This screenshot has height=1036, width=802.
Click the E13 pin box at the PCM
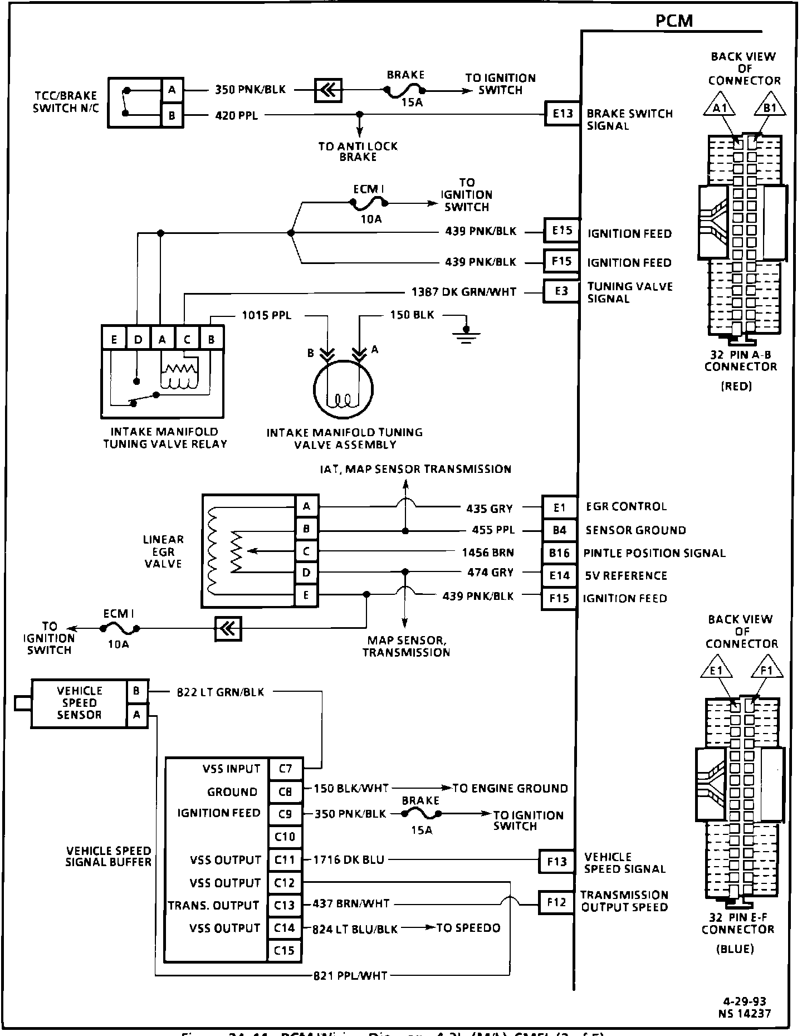point(563,114)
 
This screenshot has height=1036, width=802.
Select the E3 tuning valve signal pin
point(561,291)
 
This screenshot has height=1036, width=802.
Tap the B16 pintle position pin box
point(559,553)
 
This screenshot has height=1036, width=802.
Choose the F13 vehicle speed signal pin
point(556,862)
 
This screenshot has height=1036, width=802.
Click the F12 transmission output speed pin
point(556,902)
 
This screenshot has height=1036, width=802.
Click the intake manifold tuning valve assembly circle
point(343,391)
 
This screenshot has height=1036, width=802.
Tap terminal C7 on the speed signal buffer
point(285,769)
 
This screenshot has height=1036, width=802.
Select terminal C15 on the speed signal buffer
point(285,950)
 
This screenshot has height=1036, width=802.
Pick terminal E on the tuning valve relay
point(114,339)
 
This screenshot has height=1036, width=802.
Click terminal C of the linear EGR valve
point(306,551)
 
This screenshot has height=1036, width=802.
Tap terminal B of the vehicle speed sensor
point(136,691)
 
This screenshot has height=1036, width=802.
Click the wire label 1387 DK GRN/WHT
point(463,292)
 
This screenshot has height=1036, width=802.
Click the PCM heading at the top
point(674,21)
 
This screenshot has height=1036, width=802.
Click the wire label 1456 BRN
point(488,553)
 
